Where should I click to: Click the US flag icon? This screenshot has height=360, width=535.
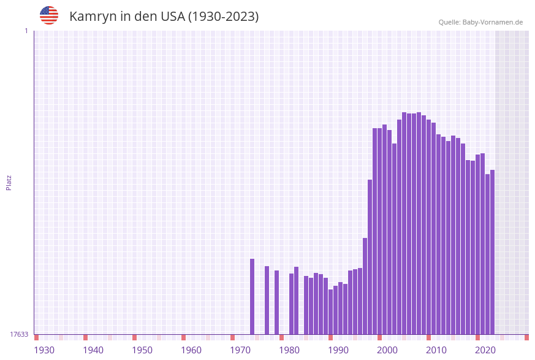49,15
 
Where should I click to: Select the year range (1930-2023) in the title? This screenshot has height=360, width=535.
223,17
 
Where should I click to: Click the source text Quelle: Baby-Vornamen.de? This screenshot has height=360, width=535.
480,22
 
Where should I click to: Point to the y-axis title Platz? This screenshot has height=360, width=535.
9,182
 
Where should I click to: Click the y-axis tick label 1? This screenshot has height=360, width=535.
26,31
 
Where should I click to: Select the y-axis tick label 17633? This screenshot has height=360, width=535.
19,334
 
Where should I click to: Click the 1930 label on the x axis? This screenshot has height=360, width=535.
44,350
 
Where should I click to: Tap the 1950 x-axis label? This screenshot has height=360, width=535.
142,350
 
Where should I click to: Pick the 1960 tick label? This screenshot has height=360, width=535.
191,350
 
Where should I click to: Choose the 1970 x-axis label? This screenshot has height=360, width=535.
240,350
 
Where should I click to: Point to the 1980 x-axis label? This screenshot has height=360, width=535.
289,350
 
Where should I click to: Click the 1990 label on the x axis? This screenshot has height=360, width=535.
338,350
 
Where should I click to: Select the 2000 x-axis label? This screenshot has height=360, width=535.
387,350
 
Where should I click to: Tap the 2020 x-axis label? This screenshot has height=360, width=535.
485,350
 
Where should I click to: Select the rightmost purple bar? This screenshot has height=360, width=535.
492,251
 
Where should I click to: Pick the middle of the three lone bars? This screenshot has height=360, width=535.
267,300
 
